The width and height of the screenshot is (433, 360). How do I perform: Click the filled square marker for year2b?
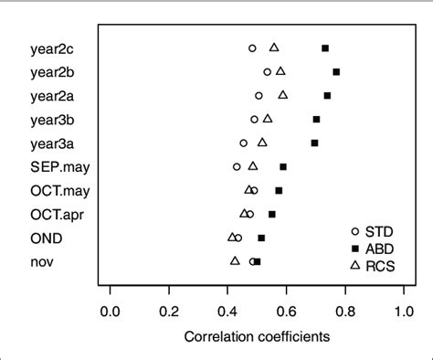[336, 71]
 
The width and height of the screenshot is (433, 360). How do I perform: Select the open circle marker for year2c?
[252, 48]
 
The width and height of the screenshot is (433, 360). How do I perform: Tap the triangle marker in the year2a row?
[283, 94]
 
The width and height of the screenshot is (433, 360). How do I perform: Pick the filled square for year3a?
[314, 143]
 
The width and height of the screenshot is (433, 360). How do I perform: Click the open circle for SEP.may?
[237, 166]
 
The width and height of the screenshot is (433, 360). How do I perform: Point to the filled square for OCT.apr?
[271, 214]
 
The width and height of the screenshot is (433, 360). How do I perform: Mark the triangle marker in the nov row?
[235, 260]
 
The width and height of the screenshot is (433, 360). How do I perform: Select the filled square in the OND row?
[261, 238]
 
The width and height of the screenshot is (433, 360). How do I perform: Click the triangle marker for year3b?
[268, 118]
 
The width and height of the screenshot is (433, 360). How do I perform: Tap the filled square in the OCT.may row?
[279, 190]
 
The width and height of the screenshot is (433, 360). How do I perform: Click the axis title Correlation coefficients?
[257, 336]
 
